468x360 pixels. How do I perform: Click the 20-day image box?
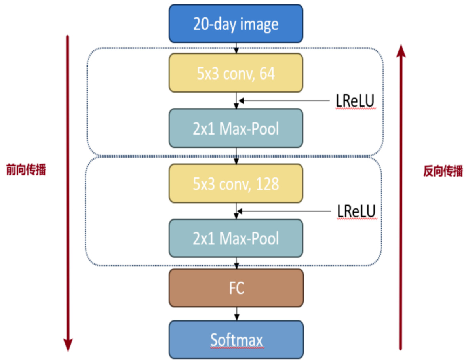(x=236, y=24)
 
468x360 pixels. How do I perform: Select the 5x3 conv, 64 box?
(x=236, y=73)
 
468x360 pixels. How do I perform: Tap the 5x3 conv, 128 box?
(x=236, y=184)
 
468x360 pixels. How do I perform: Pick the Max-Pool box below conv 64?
(x=236, y=128)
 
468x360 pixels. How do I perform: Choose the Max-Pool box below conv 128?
(x=236, y=238)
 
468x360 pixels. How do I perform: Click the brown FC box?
(x=236, y=288)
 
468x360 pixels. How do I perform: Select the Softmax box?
(x=236, y=340)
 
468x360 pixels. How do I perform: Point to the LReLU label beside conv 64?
(x=355, y=102)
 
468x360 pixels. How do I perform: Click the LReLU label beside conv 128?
(x=356, y=212)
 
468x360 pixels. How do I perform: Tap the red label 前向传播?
(x=26, y=170)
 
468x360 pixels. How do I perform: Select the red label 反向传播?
(x=443, y=171)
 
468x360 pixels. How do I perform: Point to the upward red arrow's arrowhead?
(x=401, y=50)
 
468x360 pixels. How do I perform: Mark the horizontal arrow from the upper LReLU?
(x=285, y=101)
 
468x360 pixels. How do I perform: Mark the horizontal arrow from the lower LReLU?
(x=285, y=211)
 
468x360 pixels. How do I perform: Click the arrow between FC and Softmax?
(x=237, y=313)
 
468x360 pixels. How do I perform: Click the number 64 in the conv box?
(x=267, y=74)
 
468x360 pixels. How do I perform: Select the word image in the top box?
(x=258, y=24)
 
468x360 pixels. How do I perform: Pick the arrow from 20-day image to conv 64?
(x=237, y=48)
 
